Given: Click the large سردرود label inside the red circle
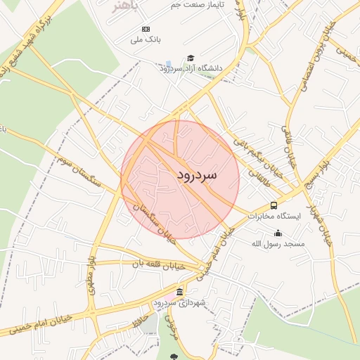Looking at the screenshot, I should pyautogui.click(x=196, y=173).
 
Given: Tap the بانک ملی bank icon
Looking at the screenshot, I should pyautogui.click(x=146, y=29).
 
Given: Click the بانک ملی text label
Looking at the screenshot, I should pyautogui.click(x=146, y=40).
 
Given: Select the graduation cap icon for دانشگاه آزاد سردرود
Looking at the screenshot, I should pyautogui.click(x=191, y=58).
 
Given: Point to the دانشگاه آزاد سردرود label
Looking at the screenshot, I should pyautogui.click(x=191, y=69).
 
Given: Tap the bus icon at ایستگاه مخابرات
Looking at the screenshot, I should pyautogui.click(x=274, y=205).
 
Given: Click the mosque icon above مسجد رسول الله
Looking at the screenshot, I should pyautogui.click(x=278, y=233).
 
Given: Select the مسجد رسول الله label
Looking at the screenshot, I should pyautogui.click(x=278, y=244).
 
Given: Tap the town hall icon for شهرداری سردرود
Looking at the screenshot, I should pyautogui.click(x=180, y=292).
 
